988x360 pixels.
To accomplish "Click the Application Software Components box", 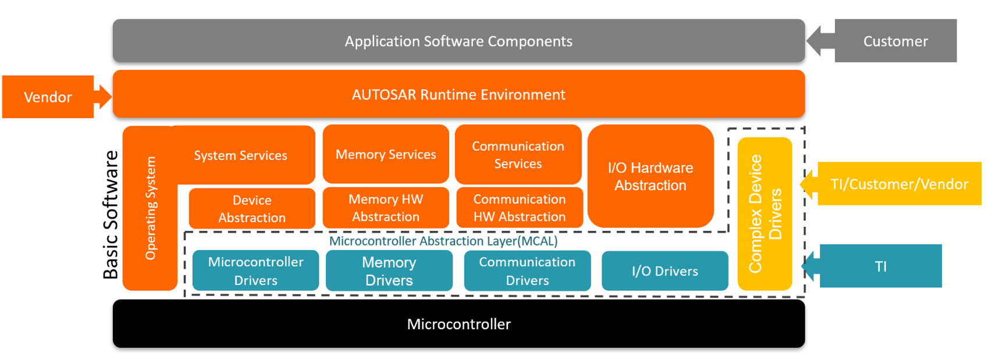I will (x=459, y=41).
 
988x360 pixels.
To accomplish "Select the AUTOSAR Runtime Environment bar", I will (x=459, y=94).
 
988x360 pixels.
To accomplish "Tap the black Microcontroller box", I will (x=459, y=324).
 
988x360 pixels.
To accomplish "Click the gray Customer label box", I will (x=895, y=41).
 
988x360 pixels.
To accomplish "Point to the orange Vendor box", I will (x=48, y=97).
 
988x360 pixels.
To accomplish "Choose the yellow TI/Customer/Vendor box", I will (x=899, y=184).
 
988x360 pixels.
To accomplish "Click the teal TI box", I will (x=880, y=266).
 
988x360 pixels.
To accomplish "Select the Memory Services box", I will (x=386, y=154).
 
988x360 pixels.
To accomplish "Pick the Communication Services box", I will (x=518, y=155).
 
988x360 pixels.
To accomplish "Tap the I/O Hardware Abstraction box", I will (x=651, y=176).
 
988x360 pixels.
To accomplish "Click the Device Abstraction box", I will (x=252, y=208).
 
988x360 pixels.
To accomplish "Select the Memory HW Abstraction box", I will (x=386, y=208).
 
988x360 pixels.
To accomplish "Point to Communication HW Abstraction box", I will (x=520, y=208).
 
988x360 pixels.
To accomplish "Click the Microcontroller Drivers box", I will (x=255, y=270).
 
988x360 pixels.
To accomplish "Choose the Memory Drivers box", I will (x=389, y=271).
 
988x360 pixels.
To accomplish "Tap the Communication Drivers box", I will (x=527, y=271).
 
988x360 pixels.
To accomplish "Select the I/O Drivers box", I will (x=664, y=271).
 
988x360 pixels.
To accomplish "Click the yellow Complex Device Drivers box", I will (x=765, y=214).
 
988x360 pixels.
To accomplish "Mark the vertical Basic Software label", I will (x=111, y=215).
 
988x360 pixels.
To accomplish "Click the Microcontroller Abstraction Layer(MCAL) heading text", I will (x=443, y=241).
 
